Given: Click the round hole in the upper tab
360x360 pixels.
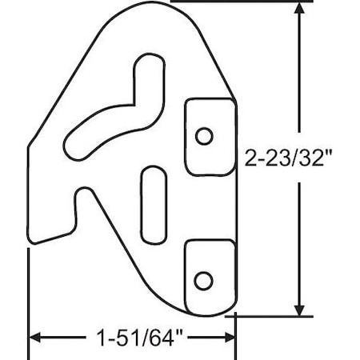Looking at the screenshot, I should coord(205,135).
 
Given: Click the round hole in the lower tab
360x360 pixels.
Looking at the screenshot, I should coord(205,279).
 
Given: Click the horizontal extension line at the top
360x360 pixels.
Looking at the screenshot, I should coord(240,2).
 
